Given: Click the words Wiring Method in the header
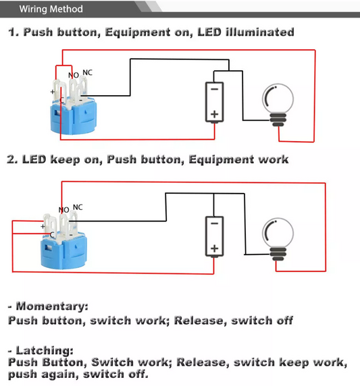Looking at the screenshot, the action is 51,9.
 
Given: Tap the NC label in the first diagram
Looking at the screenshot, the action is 88,73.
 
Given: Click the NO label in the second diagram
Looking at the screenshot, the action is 63,210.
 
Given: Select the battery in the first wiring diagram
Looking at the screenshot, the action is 215,102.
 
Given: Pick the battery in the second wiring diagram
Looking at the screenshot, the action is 215,237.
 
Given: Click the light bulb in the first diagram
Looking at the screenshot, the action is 278,105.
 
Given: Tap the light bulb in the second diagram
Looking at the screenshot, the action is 278,240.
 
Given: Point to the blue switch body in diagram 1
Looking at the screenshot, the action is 74,117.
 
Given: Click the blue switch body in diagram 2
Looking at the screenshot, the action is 63,251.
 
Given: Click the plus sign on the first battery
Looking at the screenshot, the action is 215,114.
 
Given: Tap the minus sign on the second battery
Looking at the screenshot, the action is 215,223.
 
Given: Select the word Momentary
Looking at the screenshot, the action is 52,306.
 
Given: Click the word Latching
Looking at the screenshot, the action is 45,350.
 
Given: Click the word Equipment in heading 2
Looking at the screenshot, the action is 222,160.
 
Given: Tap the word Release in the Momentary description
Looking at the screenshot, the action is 201,321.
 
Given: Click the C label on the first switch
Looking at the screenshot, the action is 61,100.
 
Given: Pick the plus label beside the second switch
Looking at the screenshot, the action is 43,226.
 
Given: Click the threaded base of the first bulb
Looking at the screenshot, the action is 278,119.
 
